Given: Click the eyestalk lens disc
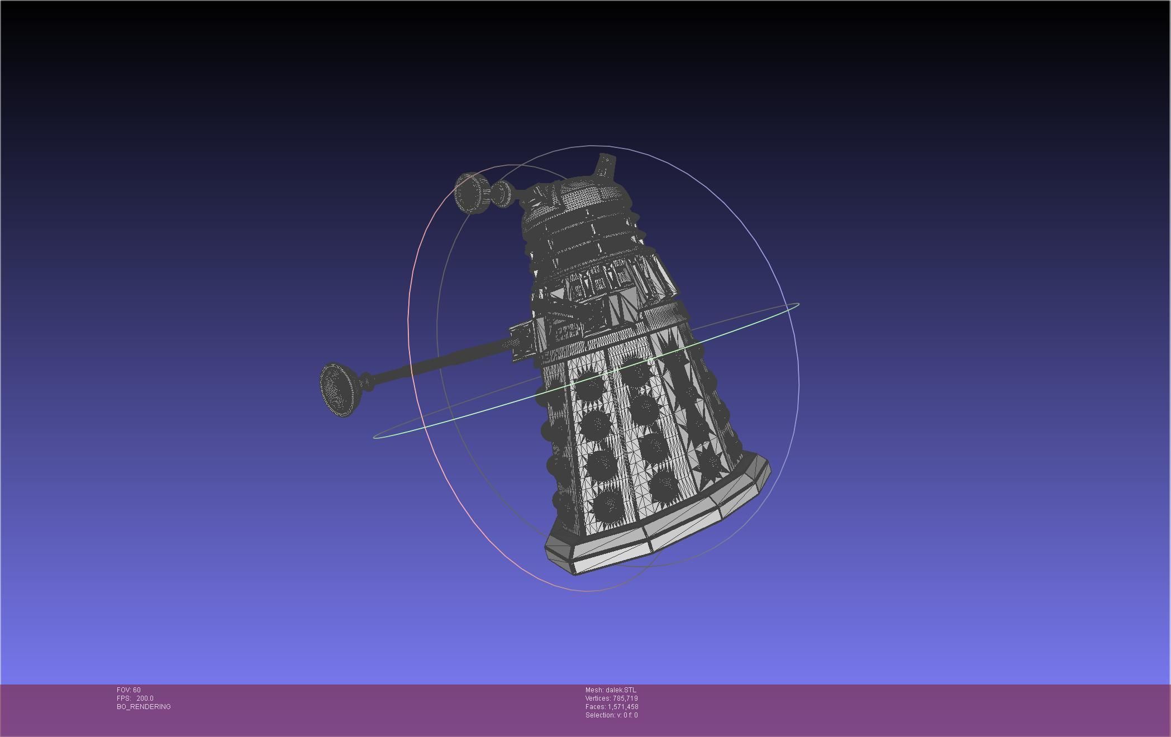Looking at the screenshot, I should [471, 193].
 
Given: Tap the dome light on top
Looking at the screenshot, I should [606, 165].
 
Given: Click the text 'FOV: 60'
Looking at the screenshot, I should [128, 690].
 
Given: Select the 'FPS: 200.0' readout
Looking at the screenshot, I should [135, 698].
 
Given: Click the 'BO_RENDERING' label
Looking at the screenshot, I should [144, 707].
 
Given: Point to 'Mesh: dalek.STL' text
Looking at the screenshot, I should [610, 690].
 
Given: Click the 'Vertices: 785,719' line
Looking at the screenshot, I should [611, 698].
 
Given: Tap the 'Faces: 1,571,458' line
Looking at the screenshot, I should [611, 707].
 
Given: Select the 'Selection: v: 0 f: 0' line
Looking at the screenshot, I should [611, 715].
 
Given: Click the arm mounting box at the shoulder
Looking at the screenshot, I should [522, 341].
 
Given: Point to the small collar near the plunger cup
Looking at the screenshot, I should [367, 382].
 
